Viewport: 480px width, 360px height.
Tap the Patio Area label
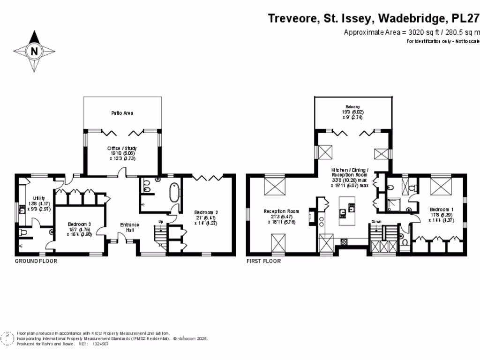click(x=122, y=113)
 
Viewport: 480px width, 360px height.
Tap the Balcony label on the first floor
click(x=353, y=107)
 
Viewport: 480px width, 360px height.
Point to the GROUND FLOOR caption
click(x=36, y=261)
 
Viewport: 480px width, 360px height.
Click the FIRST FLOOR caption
click(x=264, y=261)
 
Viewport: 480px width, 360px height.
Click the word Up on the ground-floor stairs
click(x=161, y=221)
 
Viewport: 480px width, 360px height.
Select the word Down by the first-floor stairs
click(x=376, y=221)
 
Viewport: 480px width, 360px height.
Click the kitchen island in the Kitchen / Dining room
click(x=347, y=211)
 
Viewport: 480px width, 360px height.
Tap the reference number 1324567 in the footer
click(x=101, y=344)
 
